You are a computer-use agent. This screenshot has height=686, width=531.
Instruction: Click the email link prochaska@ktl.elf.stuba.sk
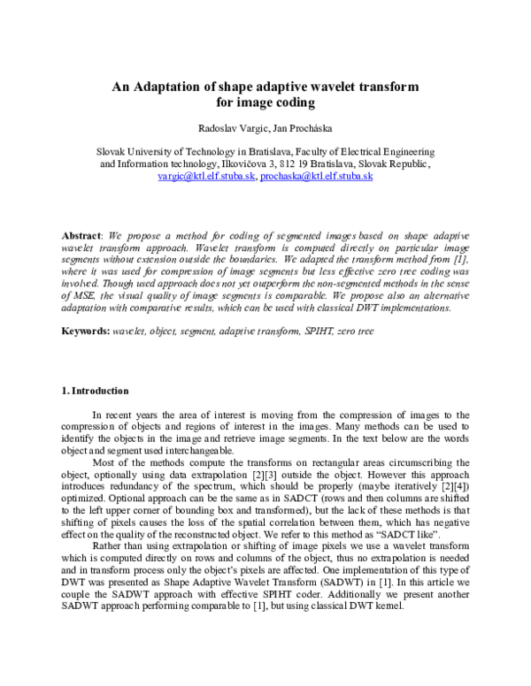coord(317,176)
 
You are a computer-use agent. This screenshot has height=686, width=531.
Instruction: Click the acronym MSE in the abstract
coord(89,296)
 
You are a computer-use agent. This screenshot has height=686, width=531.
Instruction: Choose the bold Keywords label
coord(84,330)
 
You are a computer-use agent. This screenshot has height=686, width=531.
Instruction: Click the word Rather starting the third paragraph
coord(110,545)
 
